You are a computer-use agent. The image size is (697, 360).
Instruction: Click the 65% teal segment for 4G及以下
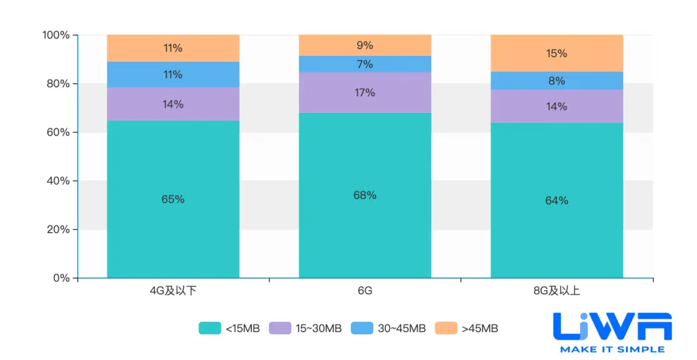[x=173, y=199]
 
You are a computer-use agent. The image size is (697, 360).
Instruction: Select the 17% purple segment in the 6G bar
[x=364, y=93]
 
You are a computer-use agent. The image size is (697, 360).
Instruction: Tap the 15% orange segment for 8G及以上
[x=557, y=53]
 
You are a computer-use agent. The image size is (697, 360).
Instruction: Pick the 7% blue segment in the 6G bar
[x=364, y=64]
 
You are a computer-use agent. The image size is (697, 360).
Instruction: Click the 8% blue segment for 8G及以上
[x=557, y=81]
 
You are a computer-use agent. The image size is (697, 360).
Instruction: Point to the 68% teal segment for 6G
[x=364, y=195]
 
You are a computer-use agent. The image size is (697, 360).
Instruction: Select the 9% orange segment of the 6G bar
[x=364, y=45]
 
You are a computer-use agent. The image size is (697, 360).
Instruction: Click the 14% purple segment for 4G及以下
[x=173, y=104]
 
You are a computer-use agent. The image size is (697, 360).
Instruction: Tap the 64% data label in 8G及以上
[x=557, y=201]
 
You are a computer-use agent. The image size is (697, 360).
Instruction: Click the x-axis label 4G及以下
[x=173, y=291]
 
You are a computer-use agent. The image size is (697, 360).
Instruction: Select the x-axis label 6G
[x=364, y=291]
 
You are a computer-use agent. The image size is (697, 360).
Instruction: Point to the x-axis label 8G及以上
[x=557, y=291]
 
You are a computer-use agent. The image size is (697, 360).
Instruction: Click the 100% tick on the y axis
[x=56, y=35]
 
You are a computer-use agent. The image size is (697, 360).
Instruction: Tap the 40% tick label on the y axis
[x=58, y=181]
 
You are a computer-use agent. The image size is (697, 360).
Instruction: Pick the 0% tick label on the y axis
[x=61, y=278]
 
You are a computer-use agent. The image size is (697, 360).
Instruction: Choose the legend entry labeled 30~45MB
[x=390, y=328]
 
